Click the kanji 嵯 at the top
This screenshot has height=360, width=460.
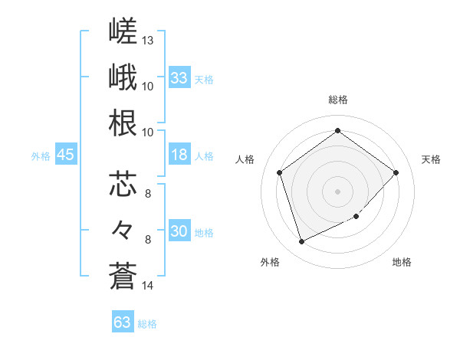(123, 31)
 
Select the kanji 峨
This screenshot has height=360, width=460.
(123, 77)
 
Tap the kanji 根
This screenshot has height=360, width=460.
(123, 123)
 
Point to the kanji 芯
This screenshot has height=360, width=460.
(123, 184)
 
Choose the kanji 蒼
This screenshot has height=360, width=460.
(123, 276)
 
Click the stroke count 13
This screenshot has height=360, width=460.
(147, 41)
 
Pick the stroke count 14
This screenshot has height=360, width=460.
(147, 286)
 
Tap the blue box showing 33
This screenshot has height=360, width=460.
(179, 77)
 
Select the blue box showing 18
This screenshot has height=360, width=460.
(179, 154)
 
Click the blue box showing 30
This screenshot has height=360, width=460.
(179, 230)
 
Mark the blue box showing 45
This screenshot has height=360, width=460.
(66, 154)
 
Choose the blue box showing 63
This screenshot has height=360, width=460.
(123, 321)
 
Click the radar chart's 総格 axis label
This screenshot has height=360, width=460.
(338, 100)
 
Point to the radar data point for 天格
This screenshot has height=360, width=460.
(396, 172)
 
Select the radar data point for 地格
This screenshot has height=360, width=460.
(356, 216)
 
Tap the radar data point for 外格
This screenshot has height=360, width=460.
(302, 241)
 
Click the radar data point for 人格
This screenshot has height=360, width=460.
(280, 172)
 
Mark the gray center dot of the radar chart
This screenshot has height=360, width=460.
(337, 191)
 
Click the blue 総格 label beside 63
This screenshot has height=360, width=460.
(147, 324)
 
